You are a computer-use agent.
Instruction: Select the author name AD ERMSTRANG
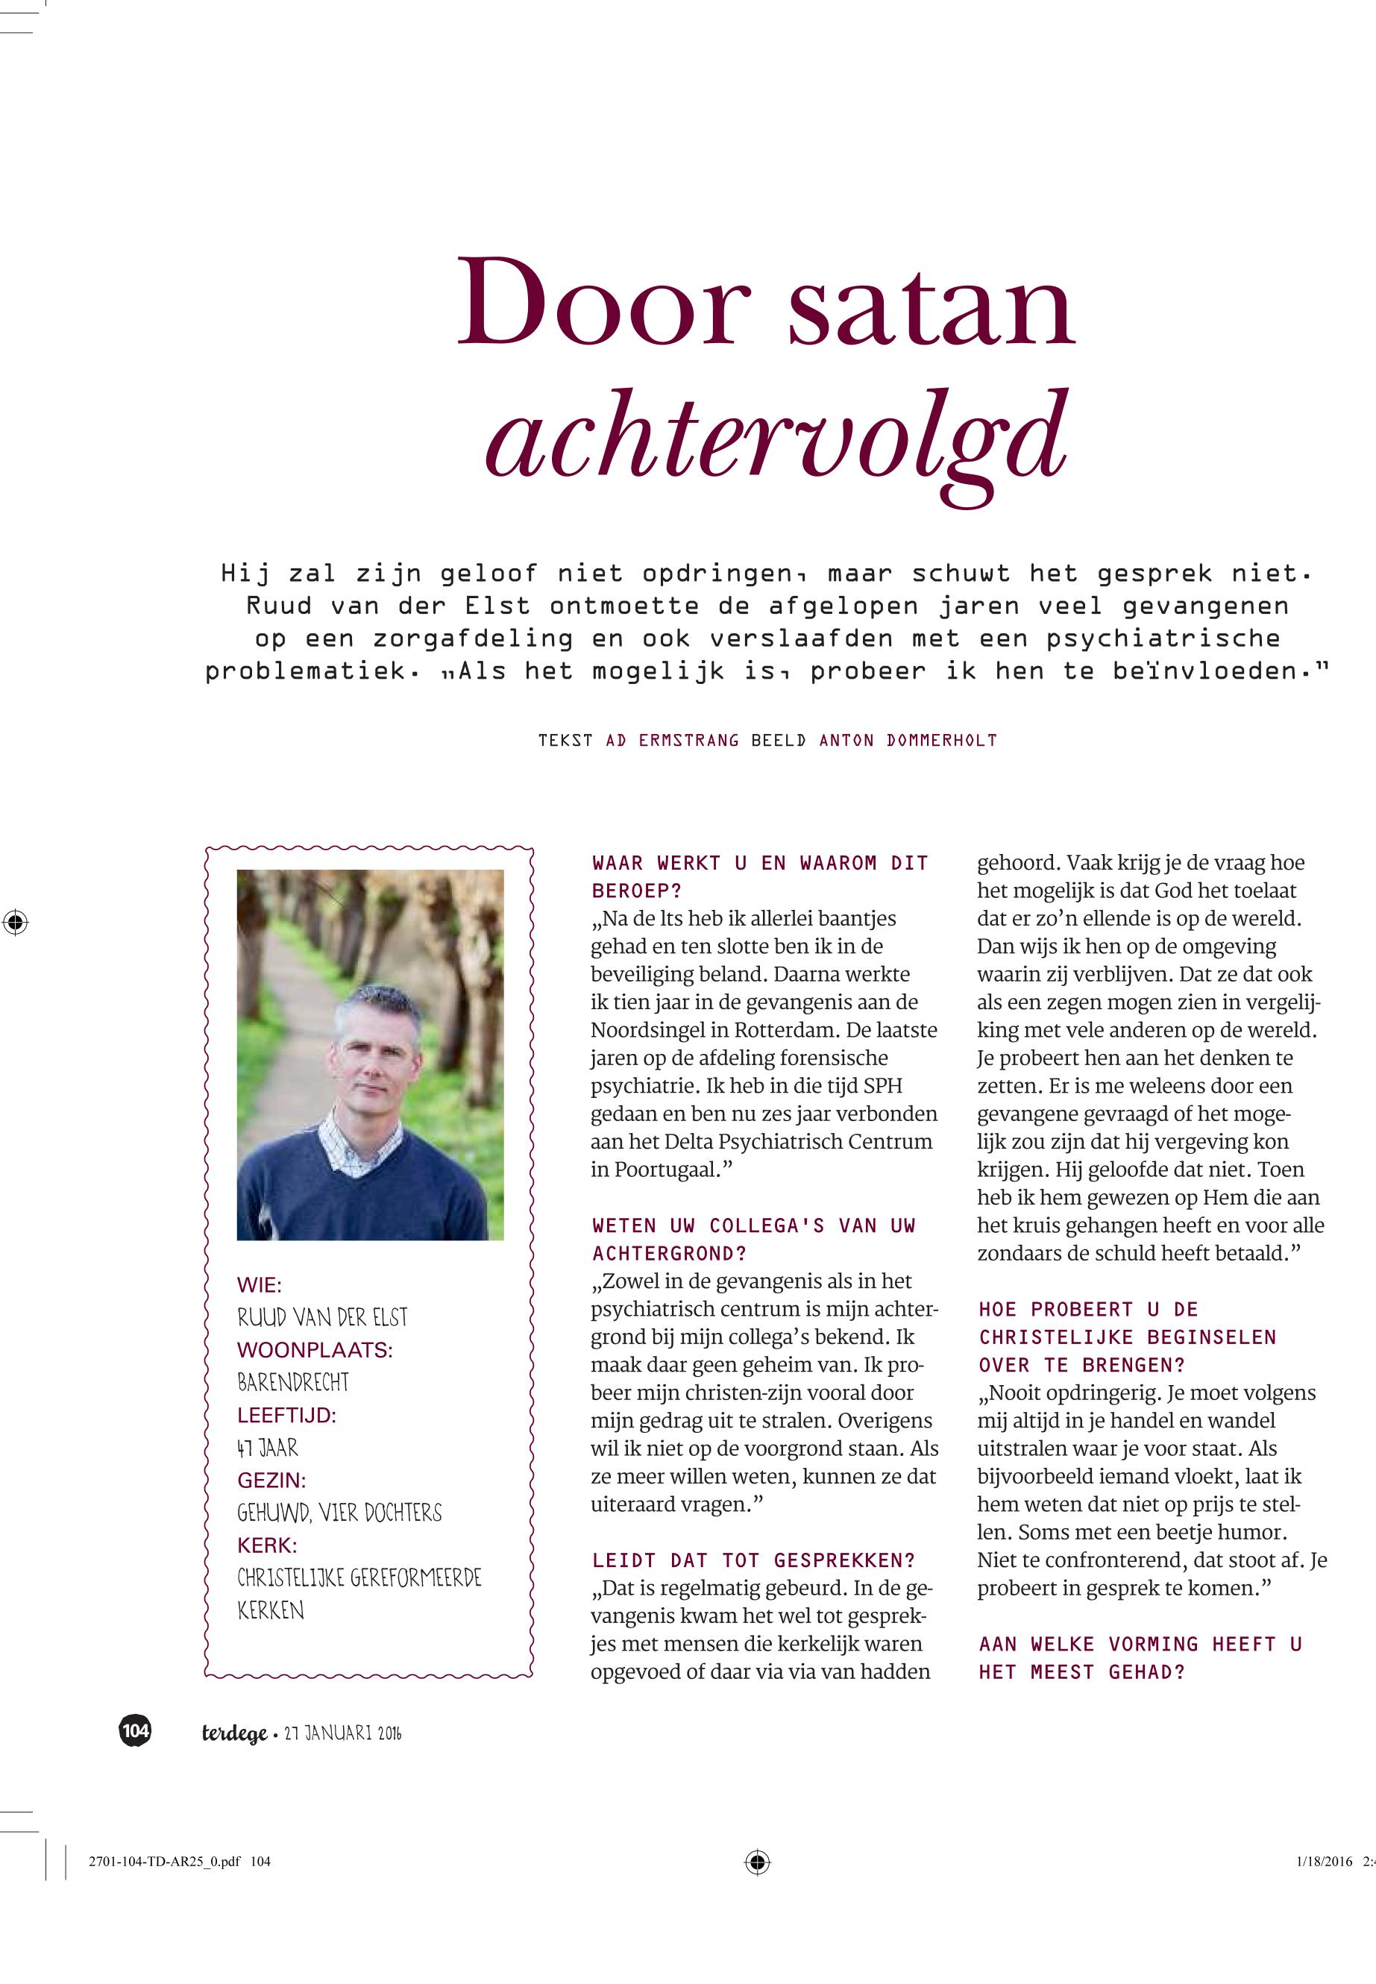[x=672, y=740]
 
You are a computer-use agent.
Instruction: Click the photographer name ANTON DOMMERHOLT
[x=908, y=740]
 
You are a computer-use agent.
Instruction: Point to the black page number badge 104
[x=134, y=1730]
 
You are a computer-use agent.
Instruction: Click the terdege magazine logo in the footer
[x=233, y=1733]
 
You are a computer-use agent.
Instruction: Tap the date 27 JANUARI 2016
[x=343, y=1733]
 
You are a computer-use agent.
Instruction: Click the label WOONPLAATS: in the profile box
[x=315, y=1349]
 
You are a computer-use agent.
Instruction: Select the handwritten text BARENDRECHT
[x=293, y=1382]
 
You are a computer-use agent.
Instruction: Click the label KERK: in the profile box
[x=266, y=1546]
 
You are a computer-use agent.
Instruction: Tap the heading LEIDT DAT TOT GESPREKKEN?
[x=753, y=1560]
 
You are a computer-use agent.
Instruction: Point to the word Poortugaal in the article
[x=662, y=1170]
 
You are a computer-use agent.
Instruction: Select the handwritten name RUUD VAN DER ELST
[x=322, y=1316]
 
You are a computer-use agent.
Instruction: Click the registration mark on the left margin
[x=15, y=923]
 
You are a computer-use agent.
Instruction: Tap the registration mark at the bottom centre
[x=757, y=1862]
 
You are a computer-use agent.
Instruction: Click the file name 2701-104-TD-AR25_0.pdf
[x=165, y=1862]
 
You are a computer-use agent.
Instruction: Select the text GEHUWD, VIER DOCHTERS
[x=339, y=1513]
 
